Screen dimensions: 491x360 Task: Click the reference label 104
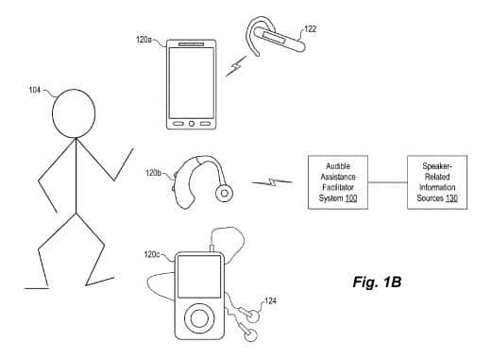point(34,90)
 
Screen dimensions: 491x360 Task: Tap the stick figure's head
point(74,113)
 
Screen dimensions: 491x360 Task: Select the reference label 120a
point(144,40)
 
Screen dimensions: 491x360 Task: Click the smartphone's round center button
point(192,124)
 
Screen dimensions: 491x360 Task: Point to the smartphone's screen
point(192,83)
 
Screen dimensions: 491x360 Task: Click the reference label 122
point(310,29)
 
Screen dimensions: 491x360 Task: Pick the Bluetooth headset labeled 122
point(274,37)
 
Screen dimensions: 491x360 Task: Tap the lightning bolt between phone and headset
point(236,66)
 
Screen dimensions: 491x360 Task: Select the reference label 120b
point(153,173)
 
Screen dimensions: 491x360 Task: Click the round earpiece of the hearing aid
point(225,193)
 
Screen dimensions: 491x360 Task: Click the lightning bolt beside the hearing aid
point(272,182)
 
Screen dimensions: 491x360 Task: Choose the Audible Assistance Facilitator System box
point(338,182)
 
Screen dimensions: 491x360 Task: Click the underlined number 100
point(351,198)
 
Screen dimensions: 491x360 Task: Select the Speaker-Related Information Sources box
point(437,182)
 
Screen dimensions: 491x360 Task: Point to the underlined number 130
point(451,198)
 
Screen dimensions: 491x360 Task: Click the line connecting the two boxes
point(387,182)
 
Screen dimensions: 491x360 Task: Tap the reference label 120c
point(152,254)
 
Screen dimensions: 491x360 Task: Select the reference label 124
point(270,301)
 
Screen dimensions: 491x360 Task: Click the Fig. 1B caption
point(377,282)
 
